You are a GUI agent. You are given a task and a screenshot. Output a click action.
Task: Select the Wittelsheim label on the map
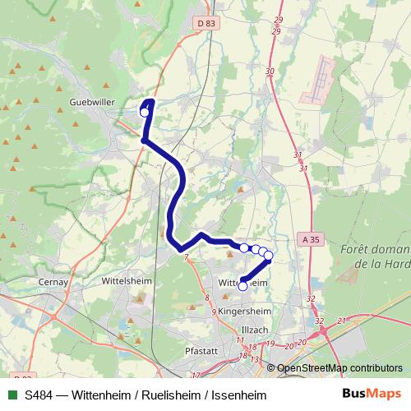tap(124, 280)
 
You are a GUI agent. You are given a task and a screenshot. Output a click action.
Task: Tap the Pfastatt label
tap(201, 349)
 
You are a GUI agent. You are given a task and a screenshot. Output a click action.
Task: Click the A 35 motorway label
tap(310, 239)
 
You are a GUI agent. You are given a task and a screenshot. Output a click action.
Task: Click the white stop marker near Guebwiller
tap(145, 112)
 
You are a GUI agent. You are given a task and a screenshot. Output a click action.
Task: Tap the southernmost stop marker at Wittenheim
tap(242, 286)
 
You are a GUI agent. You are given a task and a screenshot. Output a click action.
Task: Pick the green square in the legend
tap(12, 395)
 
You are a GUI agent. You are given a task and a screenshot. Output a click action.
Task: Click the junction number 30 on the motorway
tap(270, 72)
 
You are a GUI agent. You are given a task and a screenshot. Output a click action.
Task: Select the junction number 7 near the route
tap(187, 258)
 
